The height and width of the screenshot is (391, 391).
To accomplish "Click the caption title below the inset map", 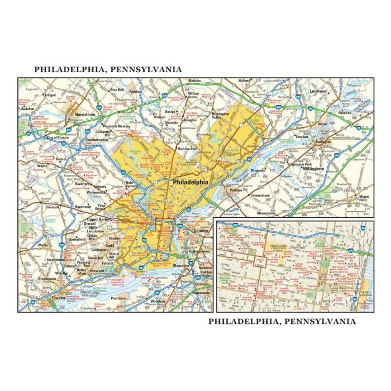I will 282,321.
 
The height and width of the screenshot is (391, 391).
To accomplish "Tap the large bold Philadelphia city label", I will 190,182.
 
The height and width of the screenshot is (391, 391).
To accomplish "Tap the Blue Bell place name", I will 117,89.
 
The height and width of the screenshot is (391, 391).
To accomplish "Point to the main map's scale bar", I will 356,212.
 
